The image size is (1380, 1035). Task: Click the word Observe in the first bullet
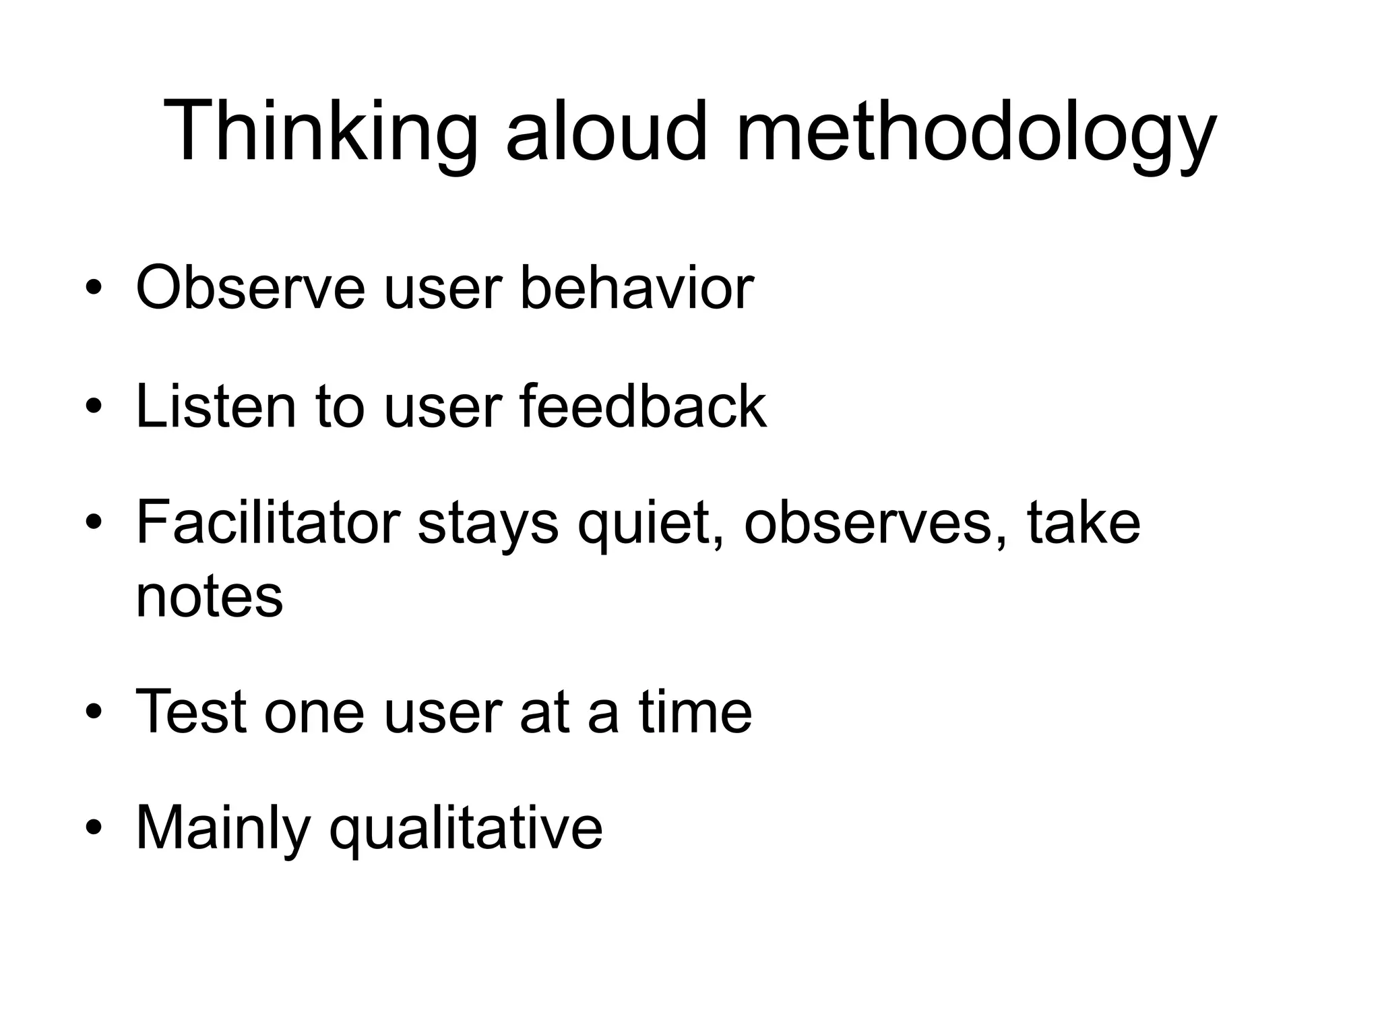pyautogui.click(x=250, y=288)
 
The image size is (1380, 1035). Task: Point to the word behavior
pyautogui.click(x=636, y=288)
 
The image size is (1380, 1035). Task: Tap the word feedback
pyautogui.click(x=643, y=406)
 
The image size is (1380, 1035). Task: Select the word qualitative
pyautogui.click(x=466, y=829)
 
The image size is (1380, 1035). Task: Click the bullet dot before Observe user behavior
pyautogui.click(x=94, y=290)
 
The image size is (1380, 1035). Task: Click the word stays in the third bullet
pyautogui.click(x=488, y=524)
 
